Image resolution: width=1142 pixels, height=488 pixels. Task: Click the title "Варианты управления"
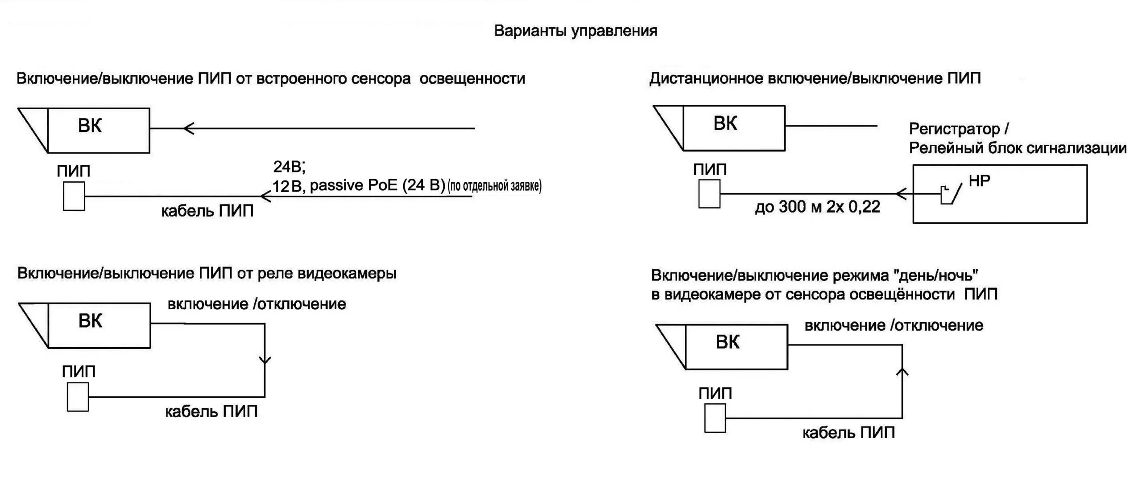(x=575, y=31)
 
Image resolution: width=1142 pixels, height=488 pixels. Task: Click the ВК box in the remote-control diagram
(x=734, y=128)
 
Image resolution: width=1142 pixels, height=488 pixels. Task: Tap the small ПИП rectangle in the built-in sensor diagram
(x=74, y=196)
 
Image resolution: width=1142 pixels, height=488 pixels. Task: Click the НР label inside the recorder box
(x=980, y=181)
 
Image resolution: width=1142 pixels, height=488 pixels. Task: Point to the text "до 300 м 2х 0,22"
(x=817, y=207)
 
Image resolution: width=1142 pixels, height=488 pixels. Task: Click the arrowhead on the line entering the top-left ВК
(x=189, y=128)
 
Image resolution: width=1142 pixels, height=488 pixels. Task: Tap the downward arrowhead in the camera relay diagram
(x=265, y=360)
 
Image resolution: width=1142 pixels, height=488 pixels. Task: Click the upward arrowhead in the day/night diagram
(x=902, y=371)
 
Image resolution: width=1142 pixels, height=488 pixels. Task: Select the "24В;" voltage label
(x=289, y=167)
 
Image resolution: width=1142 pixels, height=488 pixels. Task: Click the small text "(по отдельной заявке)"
(x=494, y=186)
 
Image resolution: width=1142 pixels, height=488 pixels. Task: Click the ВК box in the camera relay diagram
(x=99, y=325)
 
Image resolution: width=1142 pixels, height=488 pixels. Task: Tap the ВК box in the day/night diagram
(x=736, y=347)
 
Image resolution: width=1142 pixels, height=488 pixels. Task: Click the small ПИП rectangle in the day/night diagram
(x=715, y=418)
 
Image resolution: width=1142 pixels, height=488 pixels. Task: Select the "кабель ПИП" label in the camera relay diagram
(x=211, y=411)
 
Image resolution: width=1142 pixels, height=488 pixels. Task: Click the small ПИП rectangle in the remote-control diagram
(x=709, y=194)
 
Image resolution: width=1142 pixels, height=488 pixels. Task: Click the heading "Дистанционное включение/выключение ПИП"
(x=815, y=79)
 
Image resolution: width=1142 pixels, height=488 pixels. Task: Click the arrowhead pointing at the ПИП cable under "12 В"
(x=265, y=196)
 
